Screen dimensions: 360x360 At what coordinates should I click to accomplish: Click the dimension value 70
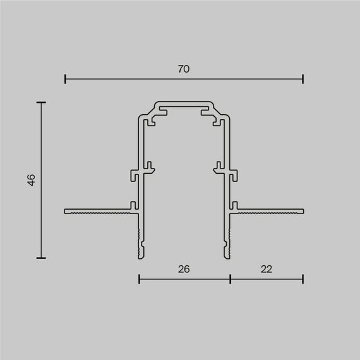pos(184,69)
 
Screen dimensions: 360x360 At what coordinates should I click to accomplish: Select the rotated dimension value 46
pos(31,180)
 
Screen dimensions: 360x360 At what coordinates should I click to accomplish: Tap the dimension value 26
pos(184,268)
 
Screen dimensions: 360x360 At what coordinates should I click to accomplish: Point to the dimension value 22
pos(266,268)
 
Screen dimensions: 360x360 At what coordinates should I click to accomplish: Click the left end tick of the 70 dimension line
pos(65,79)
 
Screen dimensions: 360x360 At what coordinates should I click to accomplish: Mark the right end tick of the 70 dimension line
pos(303,79)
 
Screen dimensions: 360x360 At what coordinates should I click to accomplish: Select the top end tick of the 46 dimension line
pos(42,102)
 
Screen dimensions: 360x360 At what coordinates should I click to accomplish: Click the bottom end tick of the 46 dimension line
pos(42,258)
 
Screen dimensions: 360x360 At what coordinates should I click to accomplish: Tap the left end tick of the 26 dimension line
pos(139,279)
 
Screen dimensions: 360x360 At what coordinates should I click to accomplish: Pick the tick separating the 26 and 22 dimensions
pos(230,279)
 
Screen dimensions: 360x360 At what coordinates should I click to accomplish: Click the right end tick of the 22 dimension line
pos(303,279)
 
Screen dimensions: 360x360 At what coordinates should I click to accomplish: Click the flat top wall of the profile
pos(184,102)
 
